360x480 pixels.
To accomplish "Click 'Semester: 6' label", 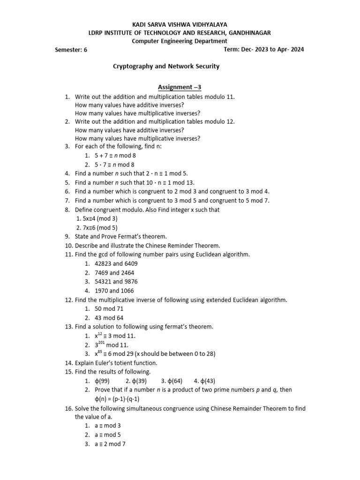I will [71, 50].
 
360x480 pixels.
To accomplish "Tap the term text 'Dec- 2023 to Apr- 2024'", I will [273, 49].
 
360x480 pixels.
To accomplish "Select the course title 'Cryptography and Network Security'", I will [166, 67].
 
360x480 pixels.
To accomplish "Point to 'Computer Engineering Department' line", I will [180, 41].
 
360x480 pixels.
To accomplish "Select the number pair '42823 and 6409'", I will [116, 263].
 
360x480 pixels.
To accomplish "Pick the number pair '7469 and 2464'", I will [114, 272].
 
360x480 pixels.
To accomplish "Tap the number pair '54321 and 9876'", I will [116, 282].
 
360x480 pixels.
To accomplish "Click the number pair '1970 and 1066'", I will [114, 291].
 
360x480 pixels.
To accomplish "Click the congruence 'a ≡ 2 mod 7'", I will [110, 444].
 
